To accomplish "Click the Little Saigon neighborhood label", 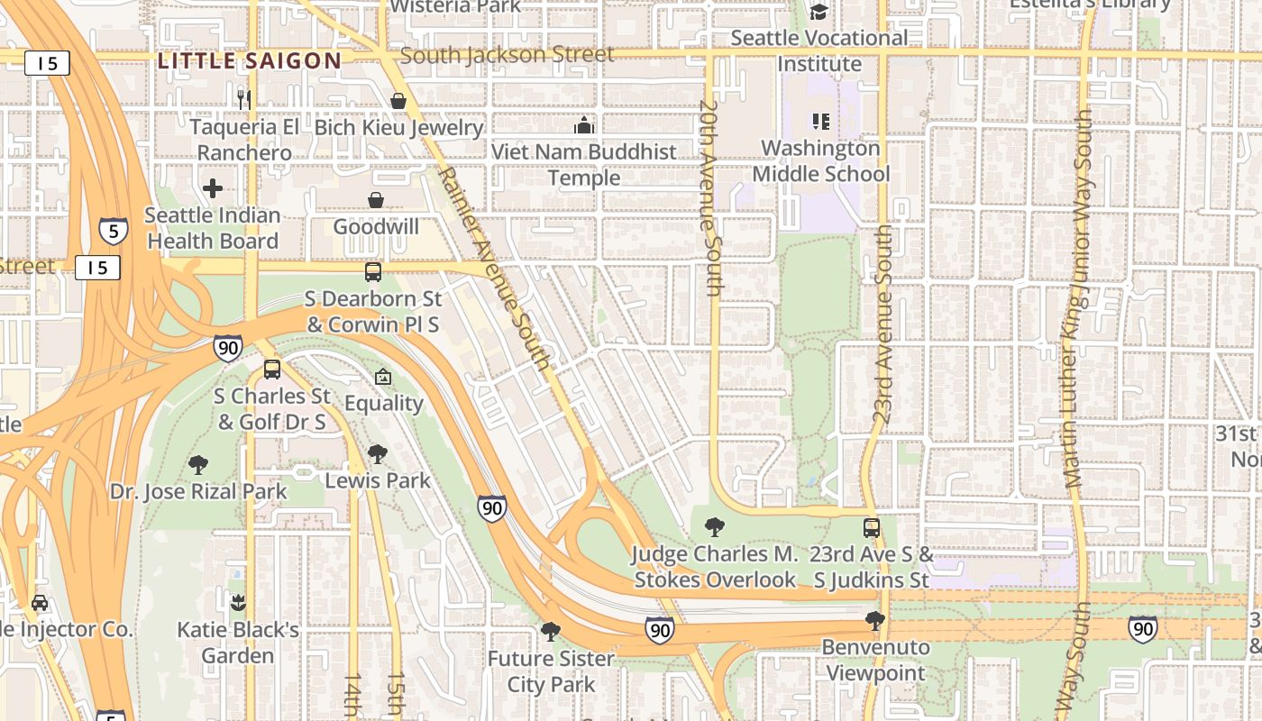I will [250, 61].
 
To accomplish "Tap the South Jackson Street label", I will [507, 55].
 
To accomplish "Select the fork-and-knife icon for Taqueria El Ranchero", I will [243, 98].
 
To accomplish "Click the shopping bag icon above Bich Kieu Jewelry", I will [398, 101].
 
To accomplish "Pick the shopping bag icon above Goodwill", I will [376, 199].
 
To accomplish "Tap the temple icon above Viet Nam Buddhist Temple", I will [584, 125].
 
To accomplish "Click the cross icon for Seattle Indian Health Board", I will [213, 188].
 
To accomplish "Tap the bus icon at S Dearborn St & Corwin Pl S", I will [372, 271].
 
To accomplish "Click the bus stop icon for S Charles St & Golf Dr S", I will [272, 369].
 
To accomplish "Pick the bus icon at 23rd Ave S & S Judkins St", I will [871, 527].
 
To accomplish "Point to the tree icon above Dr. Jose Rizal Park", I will [198, 465].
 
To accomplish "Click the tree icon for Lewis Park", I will [377, 454].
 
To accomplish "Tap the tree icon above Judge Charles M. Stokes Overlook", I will [714, 526].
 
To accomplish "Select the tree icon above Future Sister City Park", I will [550, 632].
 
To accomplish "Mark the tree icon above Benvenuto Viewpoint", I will [874, 620].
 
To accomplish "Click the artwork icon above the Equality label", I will [383, 377].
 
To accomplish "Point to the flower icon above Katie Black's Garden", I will [238, 602].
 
